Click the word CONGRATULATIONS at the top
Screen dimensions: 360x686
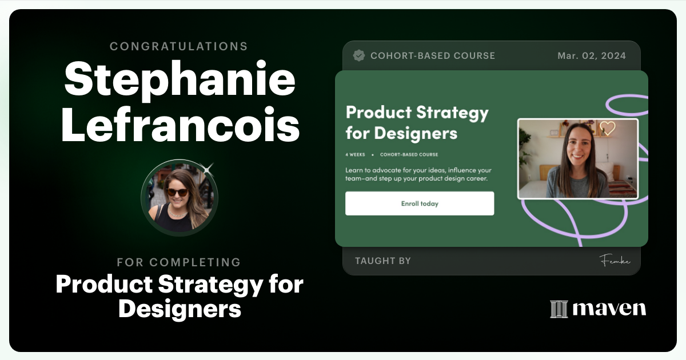tap(178, 46)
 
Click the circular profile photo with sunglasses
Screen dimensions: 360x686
tap(179, 197)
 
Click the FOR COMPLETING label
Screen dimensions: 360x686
tap(178, 262)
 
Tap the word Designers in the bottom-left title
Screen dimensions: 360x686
tap(180, 309)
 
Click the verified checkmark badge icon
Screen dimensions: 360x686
tap(359, 55)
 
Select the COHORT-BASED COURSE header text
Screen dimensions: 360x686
tap(433, 55)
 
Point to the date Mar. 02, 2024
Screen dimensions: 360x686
tap(592, 55)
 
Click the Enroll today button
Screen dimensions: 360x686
tap(420, 203)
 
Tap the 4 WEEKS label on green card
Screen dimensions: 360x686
tap(355, 155)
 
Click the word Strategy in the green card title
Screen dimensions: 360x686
tap(452, 113)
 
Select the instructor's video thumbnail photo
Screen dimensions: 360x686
tap(577, 158)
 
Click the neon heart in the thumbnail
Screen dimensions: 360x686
tap(607, 128)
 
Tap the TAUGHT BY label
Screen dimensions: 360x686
tap(382, 261)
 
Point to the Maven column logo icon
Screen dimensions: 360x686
tap(559, 309)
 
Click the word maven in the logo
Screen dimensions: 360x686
tap(609, 309)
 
